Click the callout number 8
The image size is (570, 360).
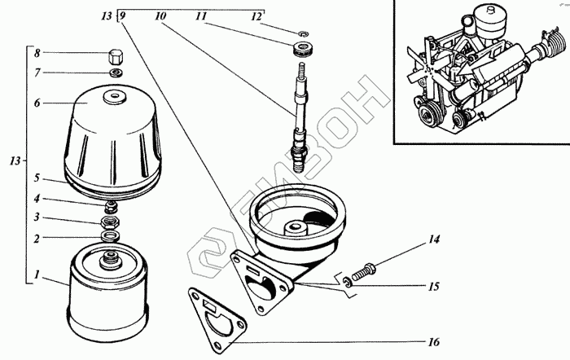point(37,54)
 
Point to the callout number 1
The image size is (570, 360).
point(37,275)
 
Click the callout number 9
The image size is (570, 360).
point(122,16)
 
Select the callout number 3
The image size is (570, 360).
point(37,219)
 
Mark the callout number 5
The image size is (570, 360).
point(37,178)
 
